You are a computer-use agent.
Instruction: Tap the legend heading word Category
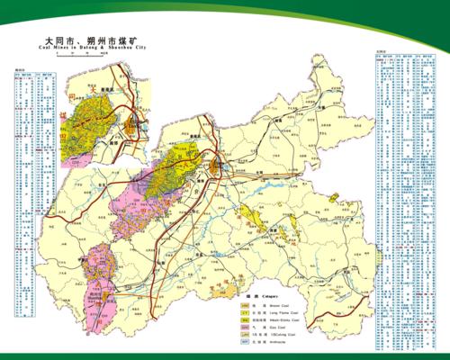[270, 295]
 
